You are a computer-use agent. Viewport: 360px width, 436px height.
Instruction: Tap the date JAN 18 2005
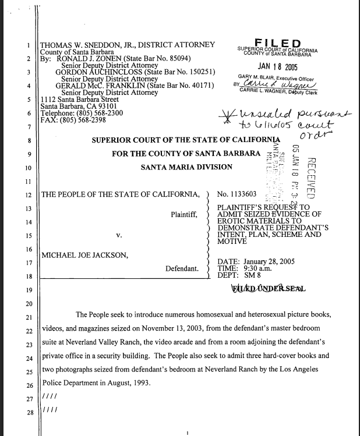(277, 67)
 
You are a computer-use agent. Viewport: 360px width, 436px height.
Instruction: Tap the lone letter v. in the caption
(119, 236)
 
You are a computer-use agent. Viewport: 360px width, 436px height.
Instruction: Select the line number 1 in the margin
(29, 45)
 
